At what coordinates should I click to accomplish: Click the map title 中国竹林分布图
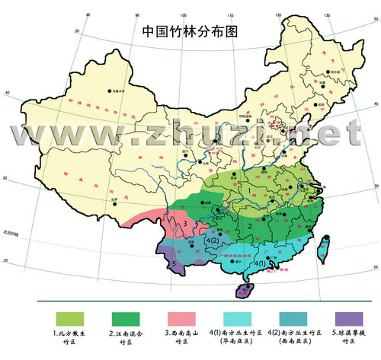[190, 33]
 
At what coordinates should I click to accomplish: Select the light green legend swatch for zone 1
[69, 317]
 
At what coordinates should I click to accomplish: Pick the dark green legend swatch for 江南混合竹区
[127, 317]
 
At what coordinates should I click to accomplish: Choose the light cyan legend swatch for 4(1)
[237, 317]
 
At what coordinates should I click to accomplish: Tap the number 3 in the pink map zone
[184, 224]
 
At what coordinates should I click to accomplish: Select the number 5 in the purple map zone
[174, 264]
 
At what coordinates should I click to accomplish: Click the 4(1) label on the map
[260, 263]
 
